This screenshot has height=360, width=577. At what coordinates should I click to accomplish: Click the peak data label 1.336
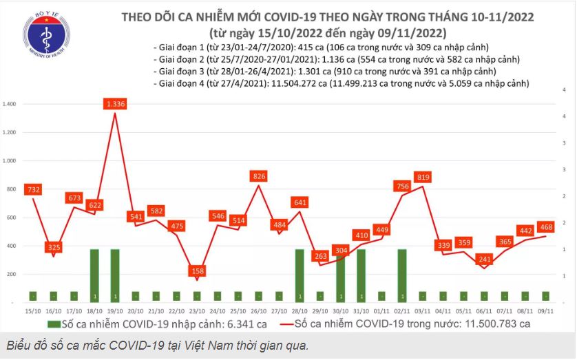[x=115, y=104]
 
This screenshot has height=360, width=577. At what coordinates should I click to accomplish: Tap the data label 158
[x=198, y=271]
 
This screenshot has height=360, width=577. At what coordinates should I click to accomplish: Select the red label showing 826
[x=259, y=177]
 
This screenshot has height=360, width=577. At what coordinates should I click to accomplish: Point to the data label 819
[x=423, y=177]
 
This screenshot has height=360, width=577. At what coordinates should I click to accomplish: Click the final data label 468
[x=546, y=227]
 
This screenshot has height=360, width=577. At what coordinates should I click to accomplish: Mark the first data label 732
[x=32, y=189]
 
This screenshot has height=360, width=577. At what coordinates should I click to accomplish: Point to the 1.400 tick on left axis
[x=10, y=104]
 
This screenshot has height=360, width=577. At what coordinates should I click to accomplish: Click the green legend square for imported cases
[x=52, y=323]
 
